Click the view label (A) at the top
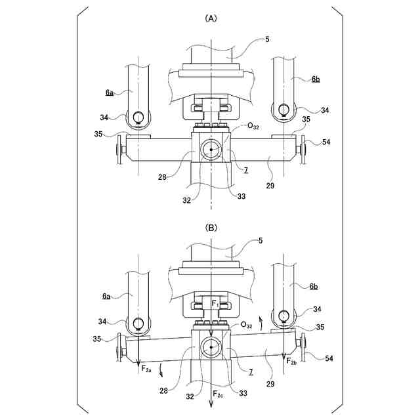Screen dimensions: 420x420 coord(211,19)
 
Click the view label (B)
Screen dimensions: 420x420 coord(211,228)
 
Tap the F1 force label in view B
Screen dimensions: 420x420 coord(215,303)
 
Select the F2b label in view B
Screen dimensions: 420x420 coord(292,361)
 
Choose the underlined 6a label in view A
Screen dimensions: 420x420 coord(109,93)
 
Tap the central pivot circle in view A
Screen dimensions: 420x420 coord(211,150)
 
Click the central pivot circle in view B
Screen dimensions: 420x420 coord(211,346)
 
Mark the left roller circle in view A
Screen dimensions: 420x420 coord(138,117)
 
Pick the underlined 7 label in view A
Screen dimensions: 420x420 coord(245,170)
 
